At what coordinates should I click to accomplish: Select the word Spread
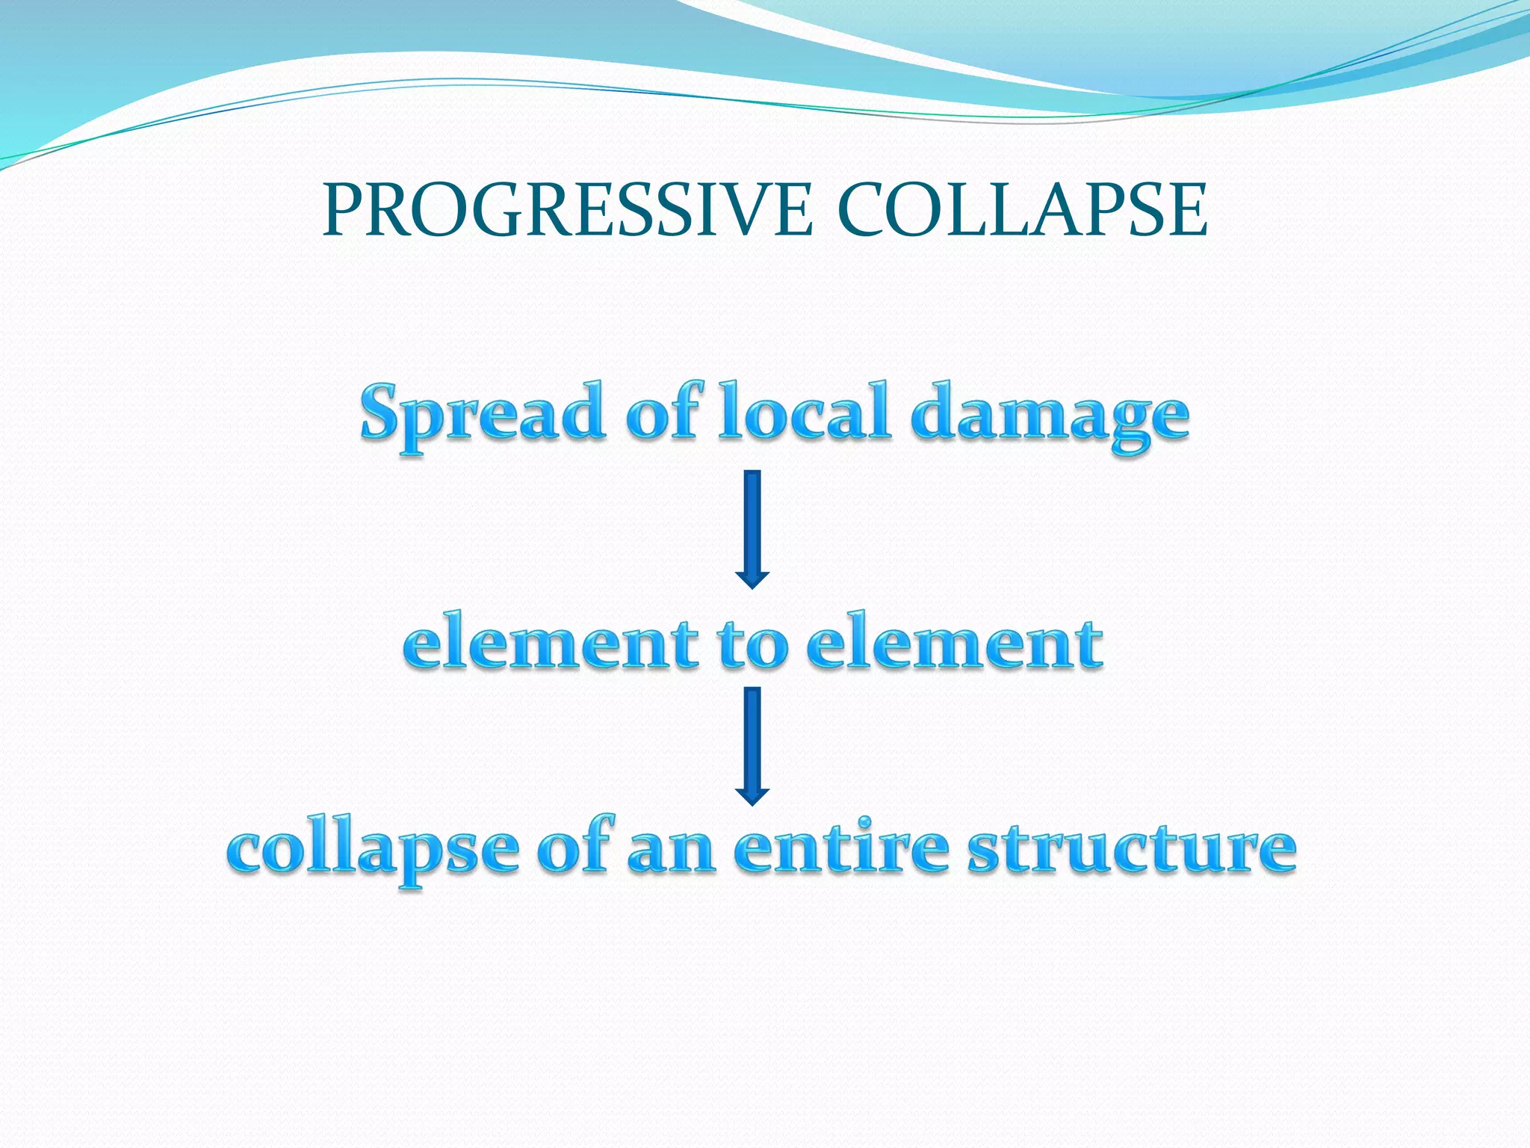(x=483, y=413)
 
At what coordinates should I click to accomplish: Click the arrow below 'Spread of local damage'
(x=752, y=528)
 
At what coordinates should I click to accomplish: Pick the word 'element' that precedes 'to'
(x=551, y=643)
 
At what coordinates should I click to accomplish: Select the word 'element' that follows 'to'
(x=954, y=643)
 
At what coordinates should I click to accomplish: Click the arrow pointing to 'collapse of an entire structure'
(x=752, y=744)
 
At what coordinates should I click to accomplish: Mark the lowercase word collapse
(x=373, y=852)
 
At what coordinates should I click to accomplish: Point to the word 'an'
(x=671, y=852)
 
